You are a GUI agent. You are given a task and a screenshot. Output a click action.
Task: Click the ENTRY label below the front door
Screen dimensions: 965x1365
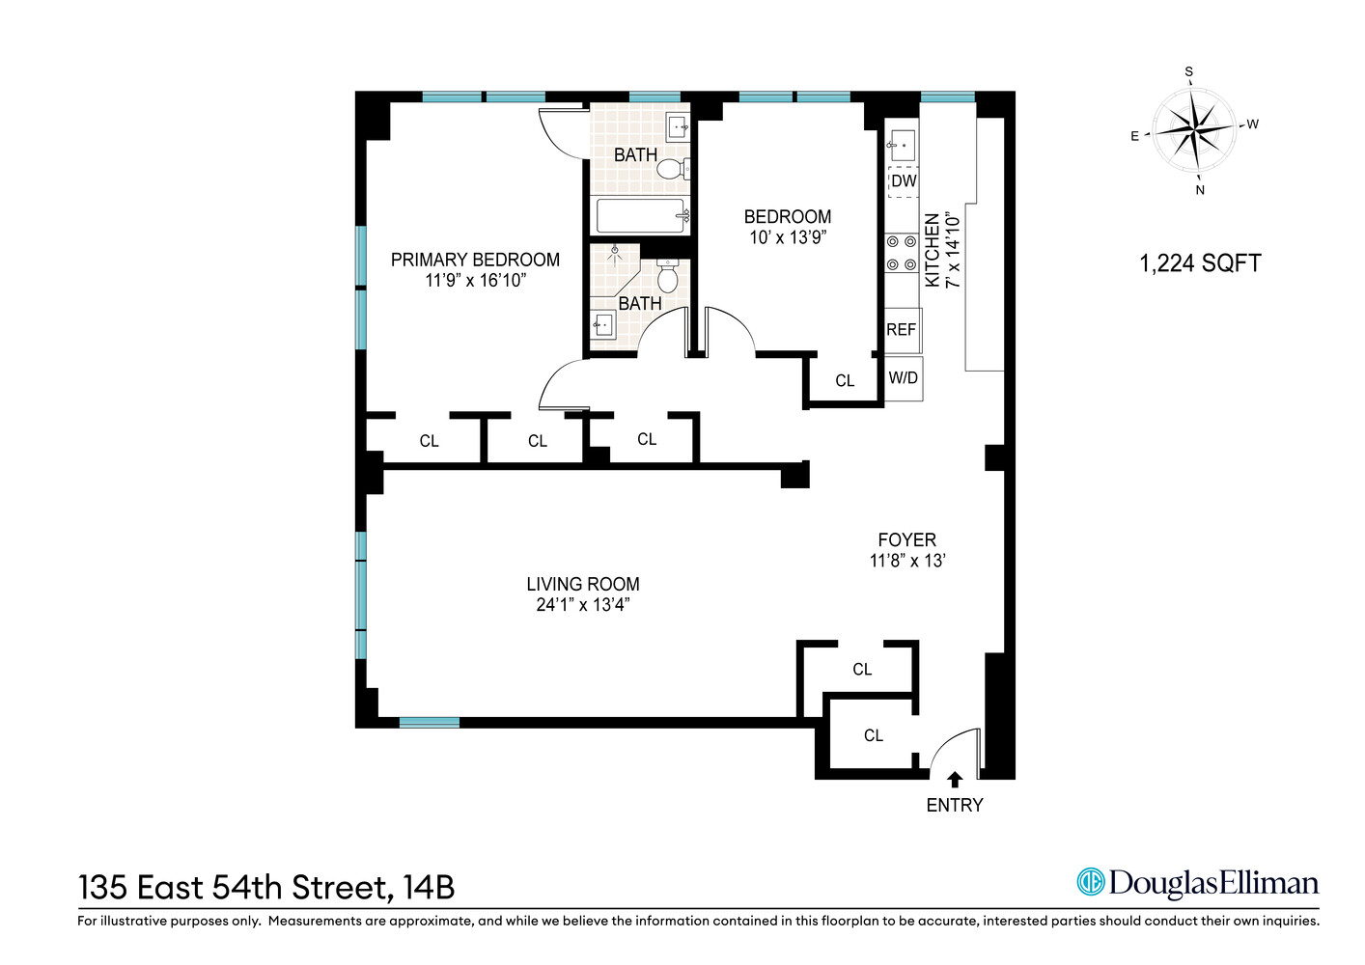point(954,805)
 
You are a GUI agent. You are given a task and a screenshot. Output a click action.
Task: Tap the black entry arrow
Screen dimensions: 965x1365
point(955,779)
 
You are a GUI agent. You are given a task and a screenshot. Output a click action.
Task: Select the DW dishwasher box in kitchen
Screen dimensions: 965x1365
point(904,181)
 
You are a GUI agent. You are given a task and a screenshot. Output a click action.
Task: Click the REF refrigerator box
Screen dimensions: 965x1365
point(902,330)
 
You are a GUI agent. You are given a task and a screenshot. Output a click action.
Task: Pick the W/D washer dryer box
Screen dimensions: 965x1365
point(904,378)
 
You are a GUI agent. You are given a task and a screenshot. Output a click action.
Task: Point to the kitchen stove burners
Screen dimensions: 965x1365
point(902,253)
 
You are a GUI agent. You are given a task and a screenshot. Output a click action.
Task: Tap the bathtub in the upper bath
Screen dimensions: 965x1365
point(640,215)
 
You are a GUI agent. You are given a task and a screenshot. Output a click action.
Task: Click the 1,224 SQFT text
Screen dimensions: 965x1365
point(1200,263)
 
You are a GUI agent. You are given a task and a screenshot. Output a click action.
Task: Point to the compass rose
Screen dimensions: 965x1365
point(1195,129)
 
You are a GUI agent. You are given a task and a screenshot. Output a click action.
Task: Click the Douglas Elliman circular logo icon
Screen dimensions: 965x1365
point(1090,882)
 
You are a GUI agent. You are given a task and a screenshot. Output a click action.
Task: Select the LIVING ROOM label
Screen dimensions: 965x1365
point(582,584)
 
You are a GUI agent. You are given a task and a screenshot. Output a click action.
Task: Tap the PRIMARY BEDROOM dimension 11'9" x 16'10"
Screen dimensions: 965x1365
point(475,281)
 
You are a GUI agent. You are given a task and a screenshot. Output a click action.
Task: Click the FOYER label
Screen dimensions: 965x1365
point(906,540)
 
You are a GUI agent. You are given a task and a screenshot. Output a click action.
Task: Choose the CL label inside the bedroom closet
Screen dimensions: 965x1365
point(845,381)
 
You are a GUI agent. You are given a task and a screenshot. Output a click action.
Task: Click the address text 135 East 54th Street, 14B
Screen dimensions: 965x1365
point(266,887)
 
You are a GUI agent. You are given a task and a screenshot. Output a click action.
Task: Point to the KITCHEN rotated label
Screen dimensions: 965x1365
point(933,250)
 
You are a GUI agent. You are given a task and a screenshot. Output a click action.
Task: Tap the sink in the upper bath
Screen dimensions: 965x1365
point(678,125)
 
